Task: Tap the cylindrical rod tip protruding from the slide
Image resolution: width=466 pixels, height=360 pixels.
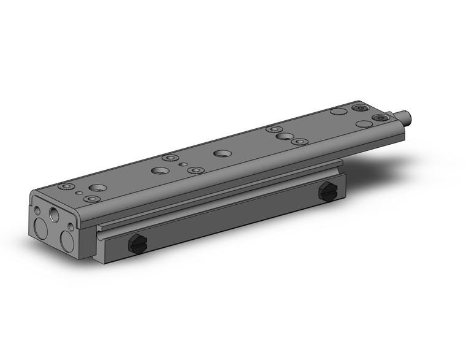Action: tap(405, 115)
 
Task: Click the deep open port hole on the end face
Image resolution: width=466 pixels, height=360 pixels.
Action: tap(55, 215)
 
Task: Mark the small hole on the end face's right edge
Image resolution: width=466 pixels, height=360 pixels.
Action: tap(71, 227)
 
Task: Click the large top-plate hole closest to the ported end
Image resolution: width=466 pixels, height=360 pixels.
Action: tap(97, 187)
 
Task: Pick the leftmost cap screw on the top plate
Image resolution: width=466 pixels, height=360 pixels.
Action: tap(65, 186)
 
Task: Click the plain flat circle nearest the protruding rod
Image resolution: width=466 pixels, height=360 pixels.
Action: tap(364, 124)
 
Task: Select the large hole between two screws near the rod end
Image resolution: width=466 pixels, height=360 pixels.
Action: tap(283, 136)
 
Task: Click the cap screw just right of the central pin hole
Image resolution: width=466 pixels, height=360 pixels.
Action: tap(195, 170)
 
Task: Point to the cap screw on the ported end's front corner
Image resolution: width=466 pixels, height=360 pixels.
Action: tap(91, 199)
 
